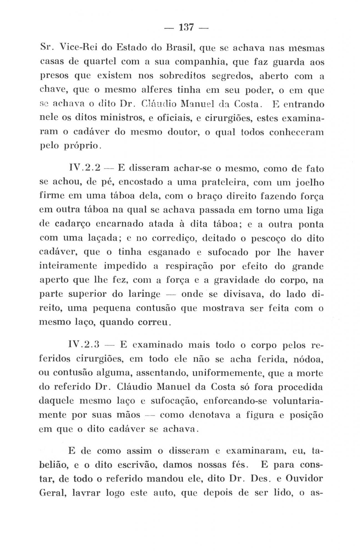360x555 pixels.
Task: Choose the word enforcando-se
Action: point(236,401)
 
